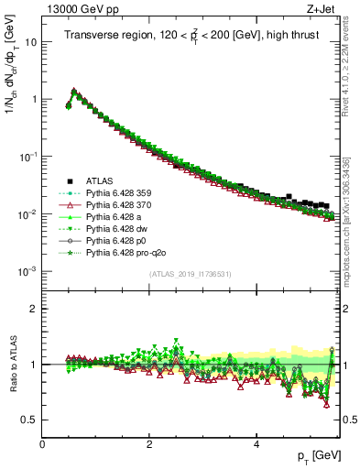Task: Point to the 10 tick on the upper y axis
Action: tap(33, 42)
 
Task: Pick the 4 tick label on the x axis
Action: tap(256, 444)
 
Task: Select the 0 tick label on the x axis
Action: tap(42, 444)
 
